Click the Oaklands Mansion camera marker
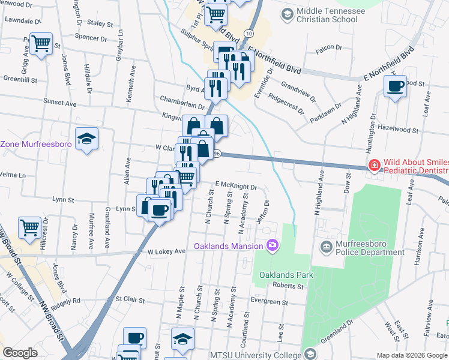click(273, 245)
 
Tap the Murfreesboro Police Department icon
click(327, 246)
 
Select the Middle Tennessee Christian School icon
click(287, 13)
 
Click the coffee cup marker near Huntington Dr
click(395, 86)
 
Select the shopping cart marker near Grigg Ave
click(40, 43)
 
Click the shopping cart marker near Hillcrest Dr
click(29, 227)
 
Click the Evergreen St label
click(270, 301)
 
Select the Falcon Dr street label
click(329, 47)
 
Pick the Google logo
click(20, 353)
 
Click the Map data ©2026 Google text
click(411, 355)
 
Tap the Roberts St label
click(289, 286)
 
